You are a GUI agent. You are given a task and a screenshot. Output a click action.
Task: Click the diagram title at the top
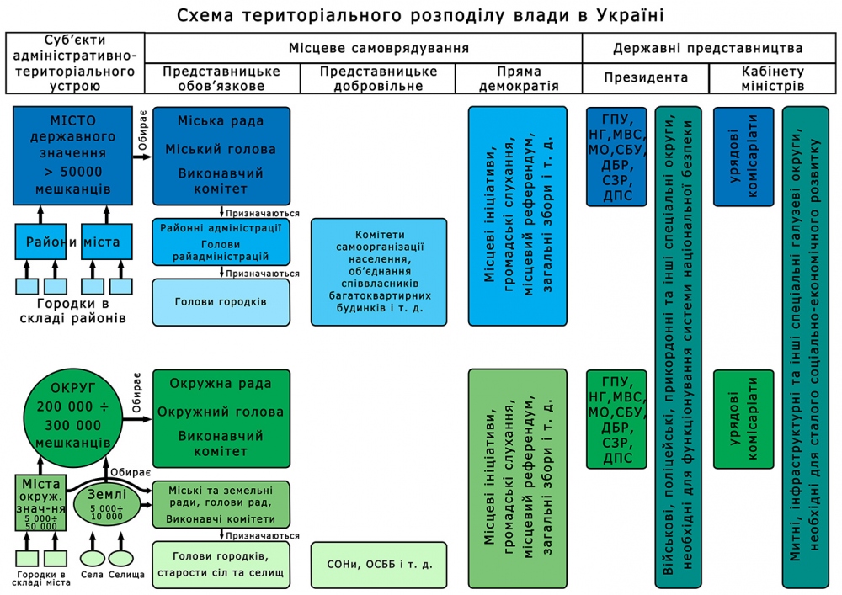tap(421, 15)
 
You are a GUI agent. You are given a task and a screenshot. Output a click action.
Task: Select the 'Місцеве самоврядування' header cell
tap(363, 48)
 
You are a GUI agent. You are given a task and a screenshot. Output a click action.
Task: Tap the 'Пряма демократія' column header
tap(518, 78)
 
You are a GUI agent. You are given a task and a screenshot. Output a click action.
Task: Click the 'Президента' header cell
tap(646, 78)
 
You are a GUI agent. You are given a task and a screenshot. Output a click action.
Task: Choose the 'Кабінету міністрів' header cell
tap(775, 78)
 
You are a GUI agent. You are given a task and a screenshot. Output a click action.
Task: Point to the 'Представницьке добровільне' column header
tap(378, 78)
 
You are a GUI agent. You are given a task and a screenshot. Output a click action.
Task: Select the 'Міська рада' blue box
tap(221, 155)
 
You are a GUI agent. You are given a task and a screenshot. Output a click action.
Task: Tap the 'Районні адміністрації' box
tap(221, 242)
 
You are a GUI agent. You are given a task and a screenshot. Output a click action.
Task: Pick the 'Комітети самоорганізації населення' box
tap(377, 272)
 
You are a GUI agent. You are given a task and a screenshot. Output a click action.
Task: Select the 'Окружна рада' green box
tap(221, 418)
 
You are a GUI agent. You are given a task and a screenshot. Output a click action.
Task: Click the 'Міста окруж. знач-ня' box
tap(41, 502)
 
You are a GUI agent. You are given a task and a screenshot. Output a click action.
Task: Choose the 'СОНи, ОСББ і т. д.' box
tap(377, 563)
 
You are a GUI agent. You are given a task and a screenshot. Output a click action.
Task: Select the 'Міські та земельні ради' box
tap(221, 504)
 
